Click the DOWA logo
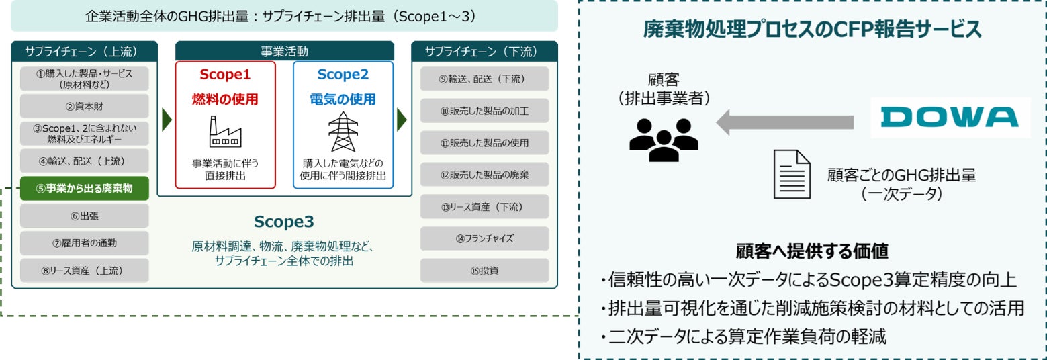pyautogui.click(x=950, y=118)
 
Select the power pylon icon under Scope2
pyautogui.click(x=343, y=132)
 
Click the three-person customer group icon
pyautogui.click(x=664, y=139)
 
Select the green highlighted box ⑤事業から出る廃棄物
pyautogui.click(x=84, y=189)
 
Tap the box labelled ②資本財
pyautogui.click(x=84, y=106)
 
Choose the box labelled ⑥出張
pyautogui.click(x=84, y=216)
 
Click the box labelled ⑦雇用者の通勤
pyautogui.click(x=84, y=242)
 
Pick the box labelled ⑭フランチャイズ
pyautogui.click(x=484, y=238)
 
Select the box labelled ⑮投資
pyautogui.click(x=484, y=271)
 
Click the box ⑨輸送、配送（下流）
pyautogui.click(x=484, y=79)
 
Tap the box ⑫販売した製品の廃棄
pyautogui.click(x=484, y=175)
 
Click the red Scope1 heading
pyautogui.click(x=225, y=74)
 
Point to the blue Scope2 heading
pyautogui.click(x=343, y=74)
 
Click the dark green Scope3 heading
pyautogui.click(x=283, y=222)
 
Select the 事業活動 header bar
pyautogui.click(x=284, y=50)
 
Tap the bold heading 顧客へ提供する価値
pyautogui.click(x=813, y=252)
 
